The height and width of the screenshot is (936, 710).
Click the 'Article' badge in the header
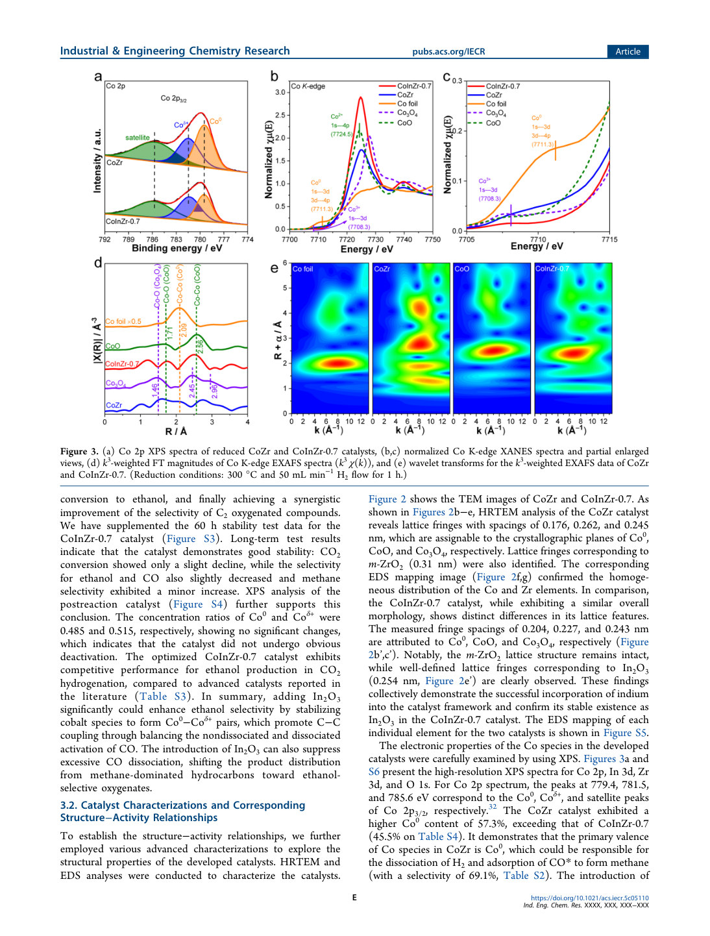pyautogui.click(x=628, y=51)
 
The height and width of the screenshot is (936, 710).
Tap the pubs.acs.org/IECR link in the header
pyautogui.click(x=448, y=51)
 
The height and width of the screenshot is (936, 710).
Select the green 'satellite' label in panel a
pyautogui.click(x=137, y=138)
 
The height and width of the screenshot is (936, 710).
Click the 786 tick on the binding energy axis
pyautogui.click(x=152, y=240)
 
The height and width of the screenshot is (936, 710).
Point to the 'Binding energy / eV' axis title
pyautogui.click(x=177, y=248)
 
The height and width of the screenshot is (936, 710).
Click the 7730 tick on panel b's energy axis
pyautogui.click(x=376, y=240)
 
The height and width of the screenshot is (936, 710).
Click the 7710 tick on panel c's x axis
pyautogui.click(x=538, y=240)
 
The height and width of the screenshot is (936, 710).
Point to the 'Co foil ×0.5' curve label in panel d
pyautogui.click(x=123, y=321)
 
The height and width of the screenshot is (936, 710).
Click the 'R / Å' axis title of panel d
pyautogui.click(x=176, y=431)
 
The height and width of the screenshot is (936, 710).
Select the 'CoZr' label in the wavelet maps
pyautogui.click(x=382, y=269)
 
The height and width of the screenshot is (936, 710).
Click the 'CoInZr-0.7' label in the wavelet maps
pyautogui.click(x=552, y=269)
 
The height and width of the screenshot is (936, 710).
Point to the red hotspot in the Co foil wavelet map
pyautogui.click(x=337, y=363)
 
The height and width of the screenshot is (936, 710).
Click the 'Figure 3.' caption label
pyautogui.click(x=80, y=451)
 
